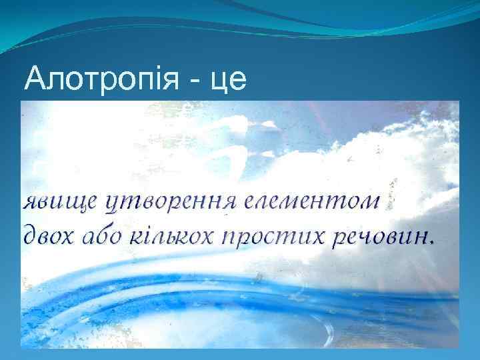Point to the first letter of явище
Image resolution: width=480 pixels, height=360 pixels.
[x=31, y=201]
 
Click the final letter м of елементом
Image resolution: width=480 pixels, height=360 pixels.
[x=370, y=201]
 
